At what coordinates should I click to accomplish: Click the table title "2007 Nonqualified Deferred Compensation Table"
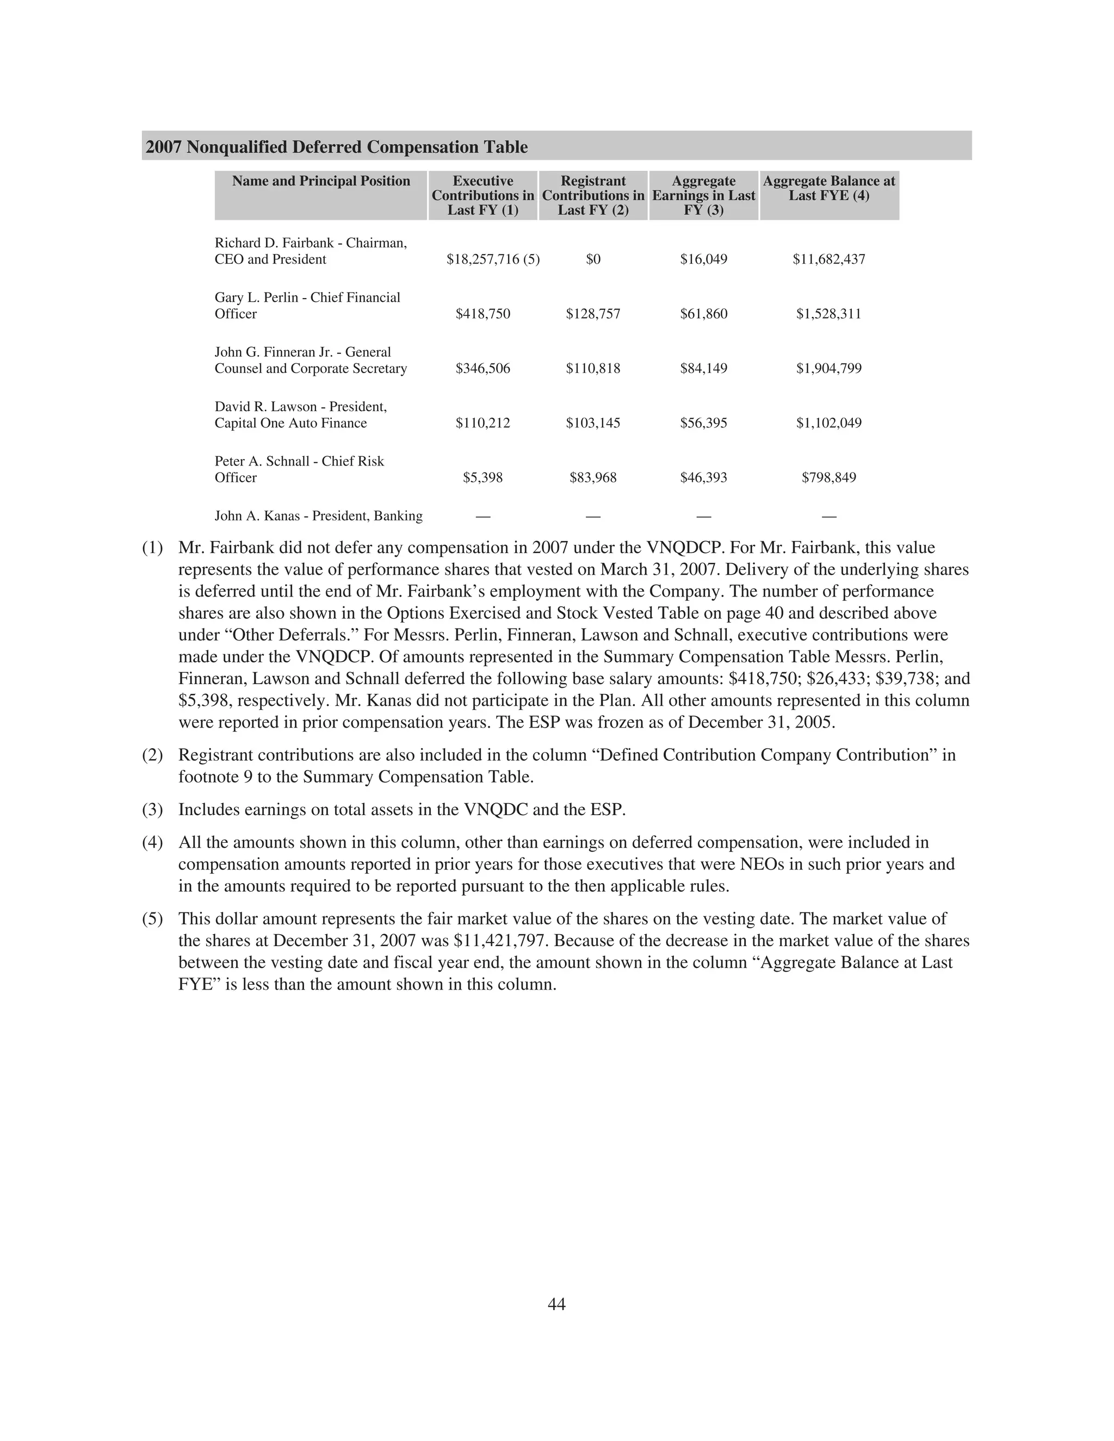pyautogui.click(x=337, y=147)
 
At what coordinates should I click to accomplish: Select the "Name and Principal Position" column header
pyautogui.click(x=321, y=182)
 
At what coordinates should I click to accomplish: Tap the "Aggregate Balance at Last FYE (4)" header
pyautogui.click(x=829, y=189)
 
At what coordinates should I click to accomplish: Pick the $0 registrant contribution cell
pyautogui.click(x=593, y=259)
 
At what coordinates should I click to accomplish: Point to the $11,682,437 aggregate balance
pyautogui.click(x=829, y=259)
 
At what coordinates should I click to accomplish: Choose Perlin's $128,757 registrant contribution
pyautogui.click(x=593, y=314)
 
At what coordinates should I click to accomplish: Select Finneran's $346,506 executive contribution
pyautogui.click(x=483, y=369)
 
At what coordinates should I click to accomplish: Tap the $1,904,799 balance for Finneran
pyautogui.click(x=829, y=369)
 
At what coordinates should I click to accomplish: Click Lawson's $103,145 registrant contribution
pyautogui.click(x=593, y=423)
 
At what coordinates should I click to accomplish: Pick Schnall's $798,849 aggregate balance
pyautogui.click(x=829, y=477)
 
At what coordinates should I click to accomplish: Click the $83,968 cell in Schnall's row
pyautogui.click(x=593, y=477)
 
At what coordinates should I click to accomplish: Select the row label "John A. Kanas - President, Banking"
pyautogui.click(x=319, y=516)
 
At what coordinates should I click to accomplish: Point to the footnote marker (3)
pyautogui.click(x=152, y=810)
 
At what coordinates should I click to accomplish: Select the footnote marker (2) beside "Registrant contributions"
pyautogui.click(x=152, y=755)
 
